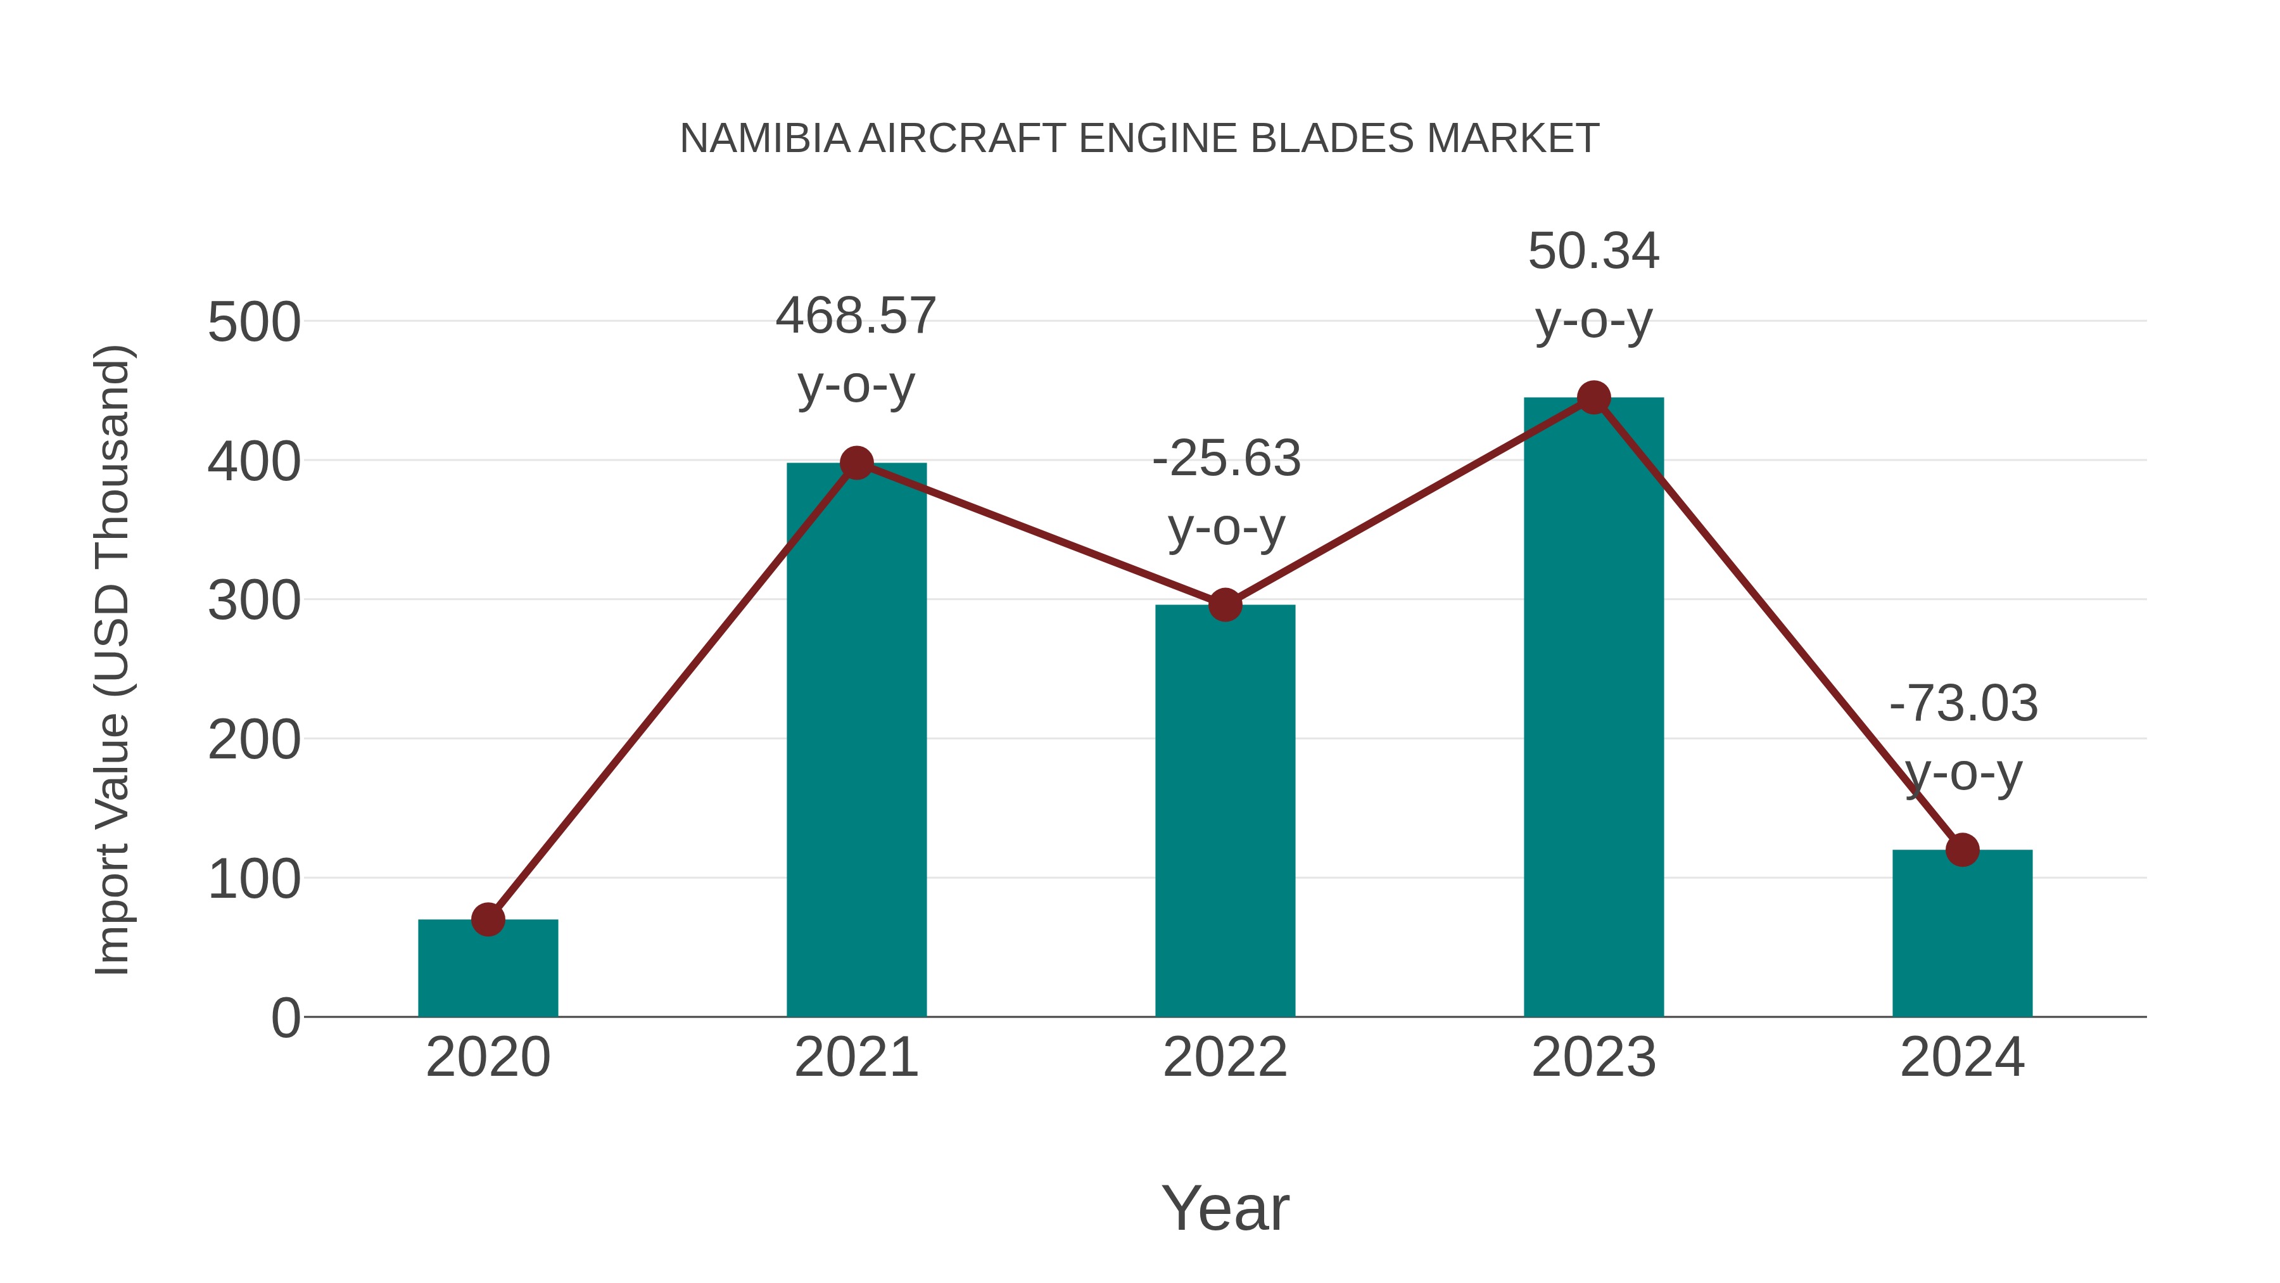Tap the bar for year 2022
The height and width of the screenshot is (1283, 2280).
pyautogui.click(x=1225, y=815)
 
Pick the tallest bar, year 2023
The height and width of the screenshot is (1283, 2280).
pyautogui.click(x=1593, y=708)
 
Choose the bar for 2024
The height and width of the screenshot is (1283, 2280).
pyautogui.click(x=1962, y=938)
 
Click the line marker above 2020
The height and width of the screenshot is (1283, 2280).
pyautogui.click(x=488, y=919)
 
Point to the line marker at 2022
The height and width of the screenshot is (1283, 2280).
pyautogui.click(x=1225, y=606)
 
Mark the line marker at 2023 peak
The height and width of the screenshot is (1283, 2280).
pyautogui.click(x=1593, y=397)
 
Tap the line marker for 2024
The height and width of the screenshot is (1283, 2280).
pyautogui.click(x=1962, y=850)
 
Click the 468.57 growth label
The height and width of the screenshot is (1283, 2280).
pyautogui.click(x=856, y=316)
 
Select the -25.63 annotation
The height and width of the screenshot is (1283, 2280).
pyautogui.click(x=1226, y=459)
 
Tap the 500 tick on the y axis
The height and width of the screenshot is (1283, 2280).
pyautogui.click(x=254, y=322)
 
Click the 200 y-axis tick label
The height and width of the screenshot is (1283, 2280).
pyautogui.click(x=254, y=740)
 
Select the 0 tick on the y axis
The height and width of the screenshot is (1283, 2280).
pyautogui.click(x=286, y=1018)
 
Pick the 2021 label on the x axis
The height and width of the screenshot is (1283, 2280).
pyautogui.click(x=856, y=1057)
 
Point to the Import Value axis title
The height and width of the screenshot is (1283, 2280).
pyautogui.click(x=113, y=660)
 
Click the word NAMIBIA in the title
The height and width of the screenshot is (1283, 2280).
pyautogui.click(x=764, y=139)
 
